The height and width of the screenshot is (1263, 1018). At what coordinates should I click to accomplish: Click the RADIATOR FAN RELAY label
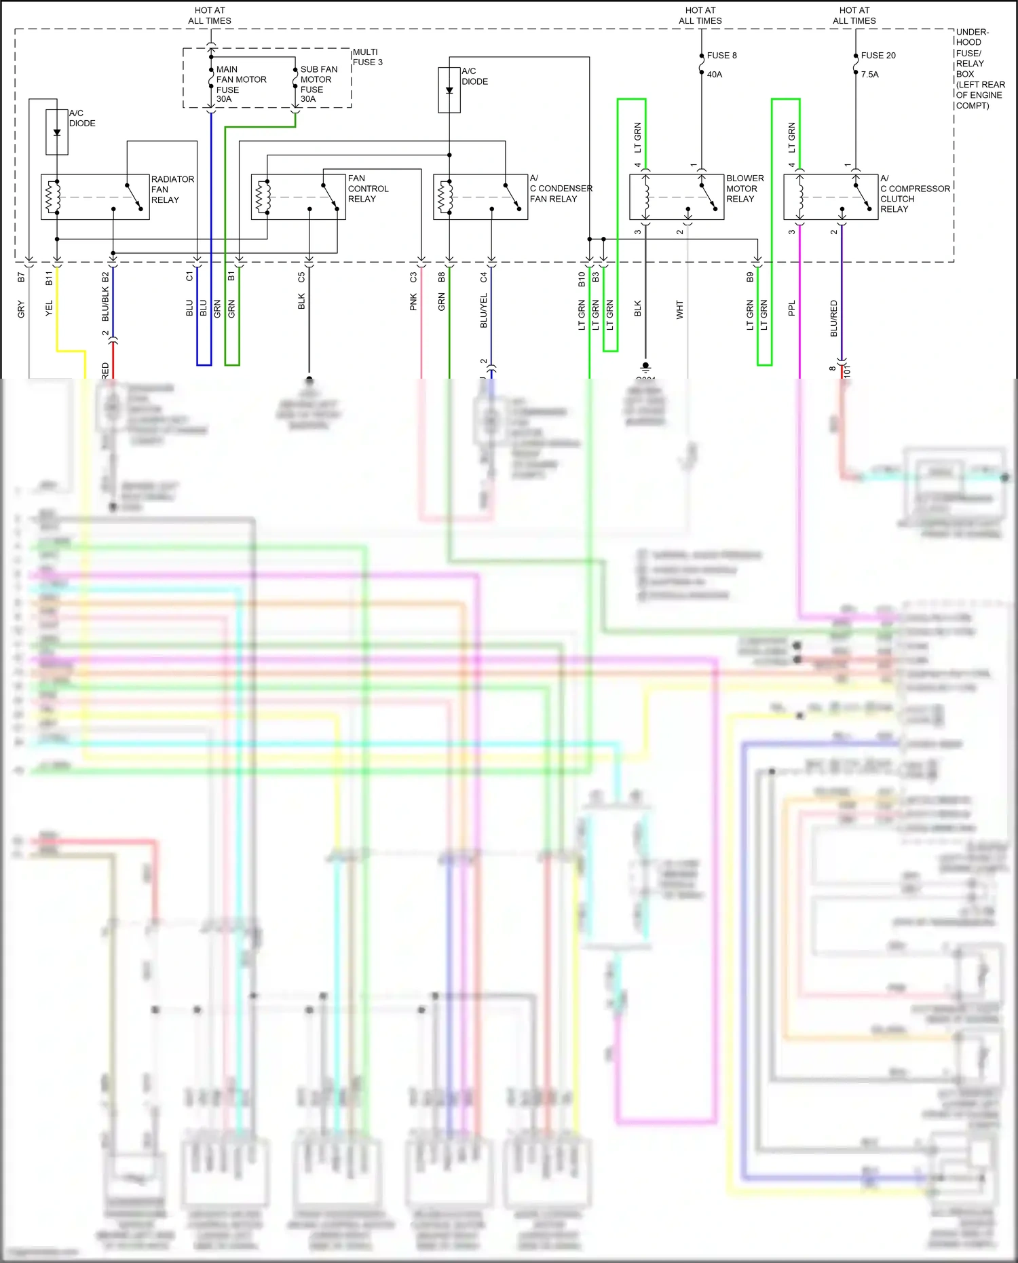172,189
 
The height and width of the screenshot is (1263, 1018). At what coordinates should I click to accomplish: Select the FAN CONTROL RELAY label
368,189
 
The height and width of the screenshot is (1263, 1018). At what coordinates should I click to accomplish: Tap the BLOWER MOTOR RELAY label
744,189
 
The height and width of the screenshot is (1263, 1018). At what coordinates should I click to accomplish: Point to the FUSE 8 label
721,56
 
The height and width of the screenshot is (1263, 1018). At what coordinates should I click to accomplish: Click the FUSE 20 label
878,56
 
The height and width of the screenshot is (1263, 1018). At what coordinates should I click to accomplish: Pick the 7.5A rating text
869,75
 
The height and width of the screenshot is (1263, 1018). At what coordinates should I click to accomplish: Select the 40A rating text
714,75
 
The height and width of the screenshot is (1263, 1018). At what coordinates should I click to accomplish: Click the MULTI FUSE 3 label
367,57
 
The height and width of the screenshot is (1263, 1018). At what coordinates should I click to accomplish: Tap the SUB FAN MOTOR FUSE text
318,84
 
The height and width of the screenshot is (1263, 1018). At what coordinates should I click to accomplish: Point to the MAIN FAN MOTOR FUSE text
240,84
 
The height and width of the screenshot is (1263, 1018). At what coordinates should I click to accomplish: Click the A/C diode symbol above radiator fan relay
57,132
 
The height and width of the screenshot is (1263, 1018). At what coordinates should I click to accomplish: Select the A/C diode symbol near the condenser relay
449,90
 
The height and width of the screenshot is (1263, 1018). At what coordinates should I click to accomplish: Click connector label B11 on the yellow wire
49,278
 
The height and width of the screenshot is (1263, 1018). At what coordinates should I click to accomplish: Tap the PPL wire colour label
791,309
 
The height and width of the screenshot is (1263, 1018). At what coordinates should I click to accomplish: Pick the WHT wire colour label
679,310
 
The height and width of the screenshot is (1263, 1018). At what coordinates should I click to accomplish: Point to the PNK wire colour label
413,303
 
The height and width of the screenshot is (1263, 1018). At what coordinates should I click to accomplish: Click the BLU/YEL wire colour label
483,311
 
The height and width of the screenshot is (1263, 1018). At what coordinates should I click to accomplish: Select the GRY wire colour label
21,309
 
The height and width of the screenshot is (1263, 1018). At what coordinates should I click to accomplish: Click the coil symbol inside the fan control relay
261,197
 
